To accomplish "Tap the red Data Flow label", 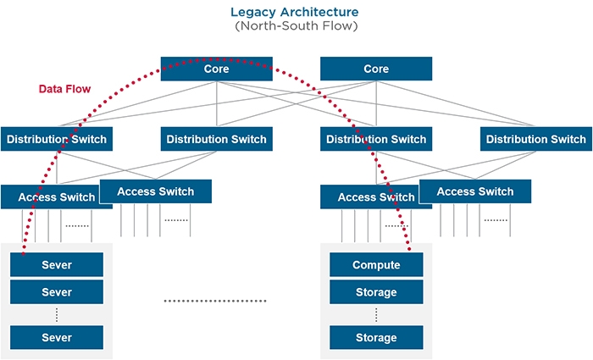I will (x=64, y=89).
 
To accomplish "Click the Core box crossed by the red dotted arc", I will (x=217, y=69).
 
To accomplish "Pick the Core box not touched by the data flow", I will (x=376, y=69).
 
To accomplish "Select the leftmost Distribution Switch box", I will (x=56, y=139).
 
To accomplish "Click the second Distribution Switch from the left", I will (x=216, y=139).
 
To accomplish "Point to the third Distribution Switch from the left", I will (x=376, y=139).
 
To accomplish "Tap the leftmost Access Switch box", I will (x=56, y=197).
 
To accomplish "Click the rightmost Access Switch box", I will (x=474, y=191).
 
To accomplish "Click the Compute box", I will (x=376, y=265).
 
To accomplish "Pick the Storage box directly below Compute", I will (x=376, y=292).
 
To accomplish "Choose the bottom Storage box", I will (x=376, y=338).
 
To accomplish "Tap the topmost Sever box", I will (x=57, y=265).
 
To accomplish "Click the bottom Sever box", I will (x=57, y=338).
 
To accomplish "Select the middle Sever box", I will (x=57, y=292).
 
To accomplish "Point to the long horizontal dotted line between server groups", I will (x=215, y=301).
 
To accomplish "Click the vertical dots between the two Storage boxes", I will (x=376, y=315).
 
